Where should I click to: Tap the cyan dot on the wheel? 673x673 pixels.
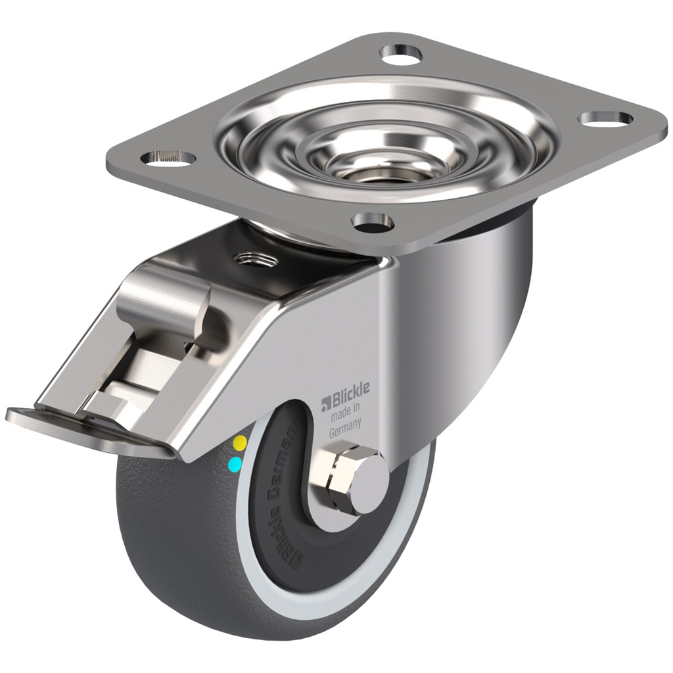pyautogui.click(x=233, y=466)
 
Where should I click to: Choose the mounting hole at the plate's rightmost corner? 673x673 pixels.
pyautogui.click(x=606, y=119)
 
